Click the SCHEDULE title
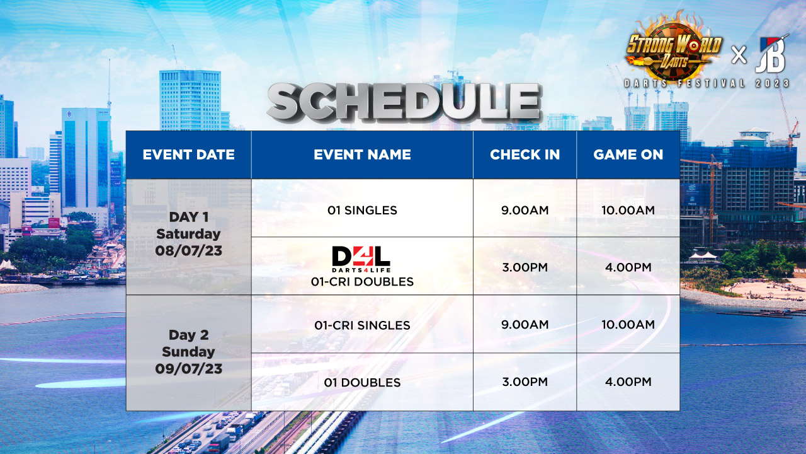pyautogui.click(x=404, y=102)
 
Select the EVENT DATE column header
pyautogui.click(x=188, y=154)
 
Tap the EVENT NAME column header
pyautogui.click(x=362, y=154)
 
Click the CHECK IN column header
pyautogui.click(x=525, y=154)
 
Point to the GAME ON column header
pyautogui.click(x=628, y=154)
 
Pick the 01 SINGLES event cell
pyautogui.click(x=362, y=210)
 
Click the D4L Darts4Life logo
pyautogui.click(x=361, y=259)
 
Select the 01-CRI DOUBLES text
pyautogui.click(x=362, y=281)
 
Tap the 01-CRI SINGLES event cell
pyautogui.click(x=362, y=325)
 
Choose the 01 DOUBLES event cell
pyautogui.click(x=362, y=382)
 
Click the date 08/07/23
pyautogui.click(x=188, y=250)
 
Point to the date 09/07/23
pyautogui.click(x=188, y=369)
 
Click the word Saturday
pyautogui.click(x=188, y=234)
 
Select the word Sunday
pyautogui.click(x=188, y=352)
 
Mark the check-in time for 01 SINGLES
pyautogui.click(x=525, y=210)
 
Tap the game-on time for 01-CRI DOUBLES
pyautogui.click(x=628, y=267)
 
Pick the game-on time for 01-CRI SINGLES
pyautogui.click(x=628, y=325)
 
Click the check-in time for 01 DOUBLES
pyautogui.click(x=525, y=381)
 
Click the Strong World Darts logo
pyautogui.click(x=674, y=49)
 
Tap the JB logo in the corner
pyautogui.click(x=772, y=54)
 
